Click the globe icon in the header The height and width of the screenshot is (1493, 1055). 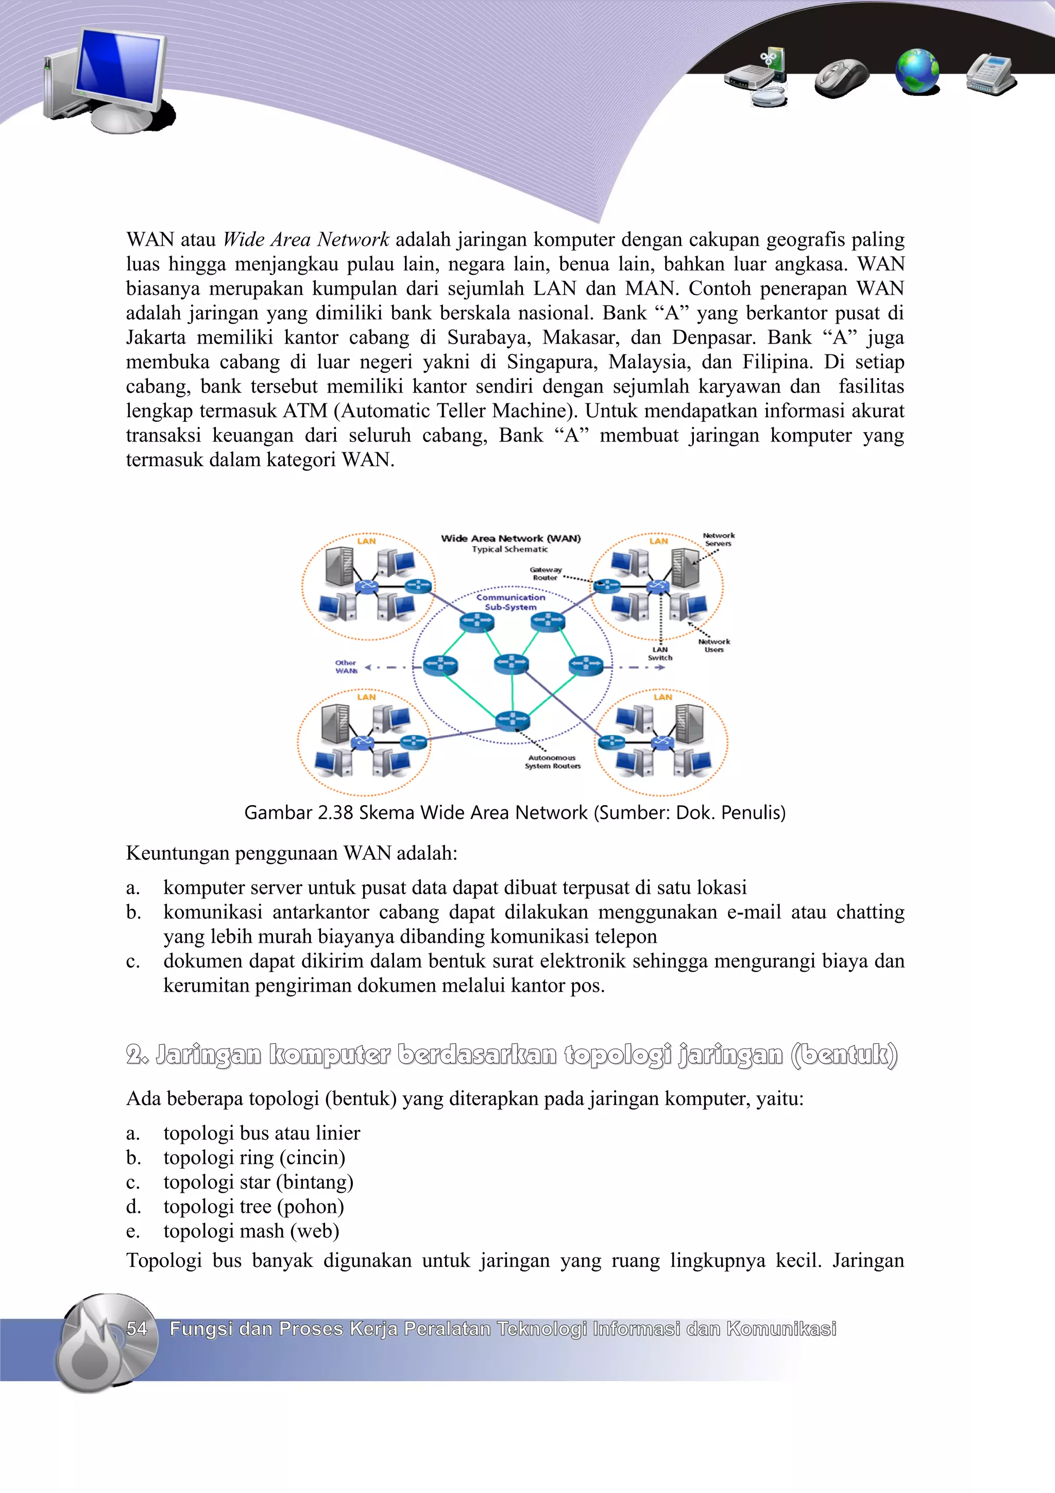pos(916,72)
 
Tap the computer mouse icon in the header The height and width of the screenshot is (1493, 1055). pos(841,77)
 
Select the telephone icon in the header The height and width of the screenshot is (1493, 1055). pos(991,74)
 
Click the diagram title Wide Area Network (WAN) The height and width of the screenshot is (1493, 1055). pos(511,538)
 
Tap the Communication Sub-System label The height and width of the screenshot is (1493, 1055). pos(511,602)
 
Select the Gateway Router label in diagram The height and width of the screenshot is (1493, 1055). pos(546,573)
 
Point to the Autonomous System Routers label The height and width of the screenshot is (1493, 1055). pos(553,762)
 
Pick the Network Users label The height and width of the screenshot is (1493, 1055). pos(714,645)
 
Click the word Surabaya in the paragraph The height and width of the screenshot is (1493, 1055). pos(487,337)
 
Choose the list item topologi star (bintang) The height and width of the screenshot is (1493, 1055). pos(258,1181)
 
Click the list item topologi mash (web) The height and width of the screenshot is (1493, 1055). pos(251,1230)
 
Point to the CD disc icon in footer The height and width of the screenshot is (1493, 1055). pos(107,1342)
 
